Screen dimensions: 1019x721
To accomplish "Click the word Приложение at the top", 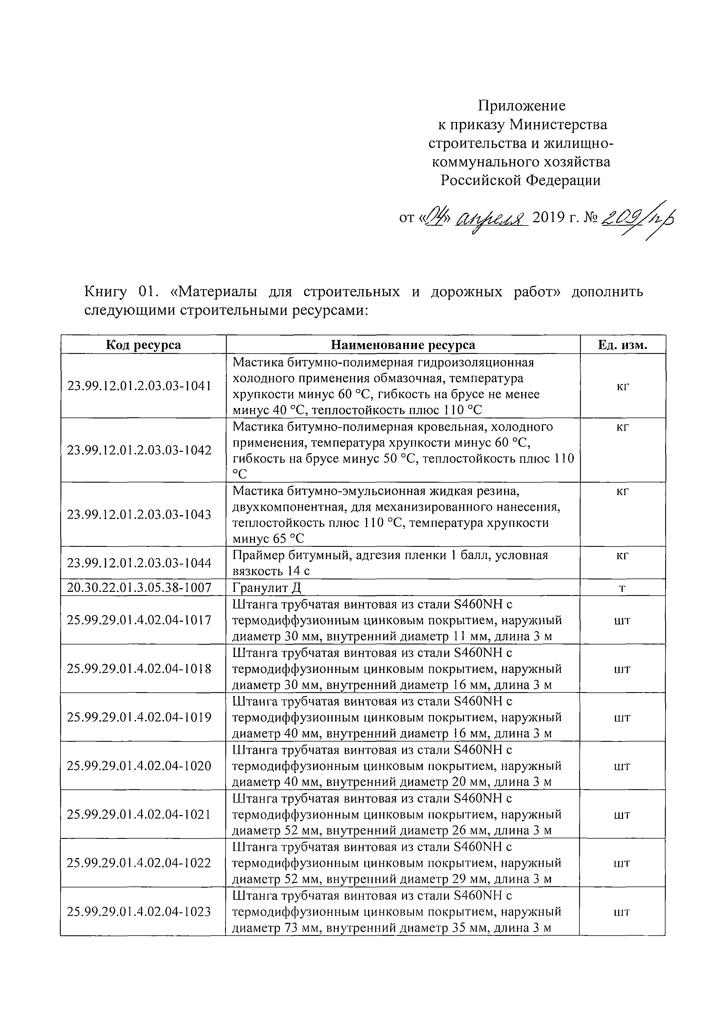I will (x=521, y=106).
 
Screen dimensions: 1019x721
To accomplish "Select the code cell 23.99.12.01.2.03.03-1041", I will (x=139, y=386).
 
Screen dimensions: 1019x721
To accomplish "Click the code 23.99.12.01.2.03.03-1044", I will (x=139, y=563).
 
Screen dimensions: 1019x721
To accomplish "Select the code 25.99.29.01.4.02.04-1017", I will (x=139, y=620).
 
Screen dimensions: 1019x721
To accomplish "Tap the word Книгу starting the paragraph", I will (x=106, y=292).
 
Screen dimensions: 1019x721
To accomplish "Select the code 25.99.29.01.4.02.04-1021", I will (x=139, y=814).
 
